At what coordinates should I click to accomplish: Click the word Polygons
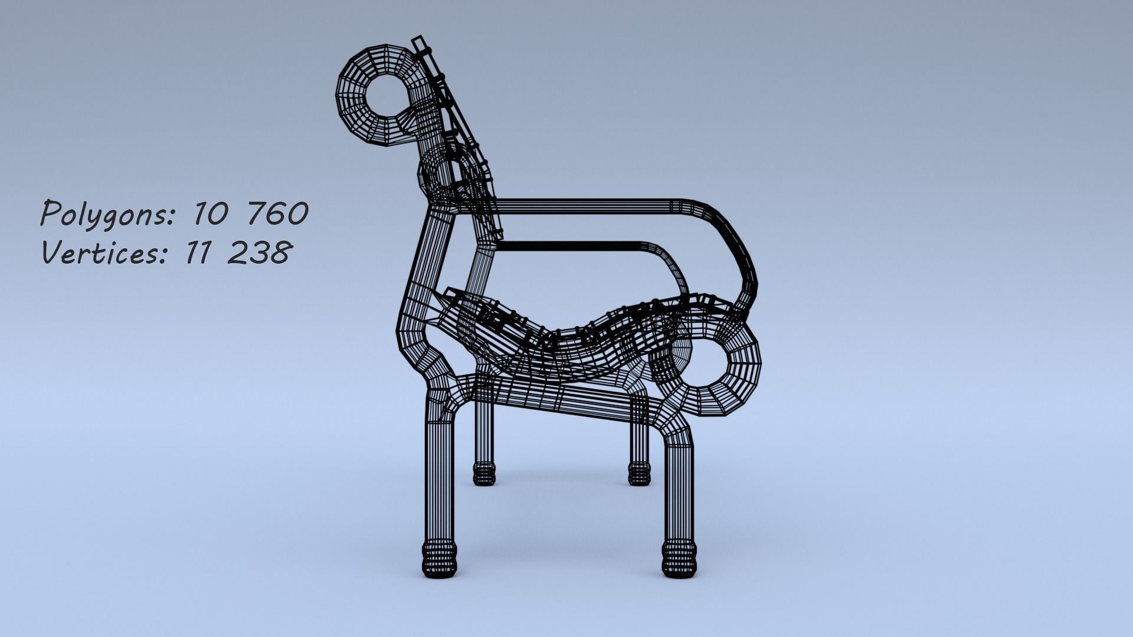coord(106,214)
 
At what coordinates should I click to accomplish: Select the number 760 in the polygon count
coord(277,213)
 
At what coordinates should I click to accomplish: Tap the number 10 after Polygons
coord(207,214)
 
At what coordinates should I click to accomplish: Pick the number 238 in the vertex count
coord(258,253)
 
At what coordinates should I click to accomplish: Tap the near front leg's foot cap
coord(679,561)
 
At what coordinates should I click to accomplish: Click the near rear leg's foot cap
coord(440,561)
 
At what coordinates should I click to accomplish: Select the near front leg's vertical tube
coord(679,495)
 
